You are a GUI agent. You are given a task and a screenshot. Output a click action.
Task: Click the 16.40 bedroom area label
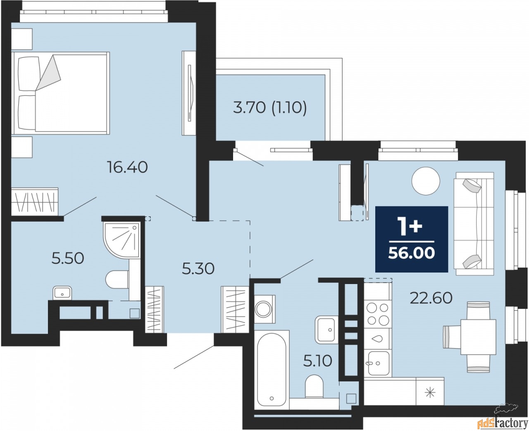tap(127, 167)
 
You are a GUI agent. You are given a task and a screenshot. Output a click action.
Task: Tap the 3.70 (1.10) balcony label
tap(270, 108)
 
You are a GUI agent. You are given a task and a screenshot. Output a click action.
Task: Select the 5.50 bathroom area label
tap(68, 258)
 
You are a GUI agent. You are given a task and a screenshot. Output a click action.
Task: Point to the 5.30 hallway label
tap(198, 269)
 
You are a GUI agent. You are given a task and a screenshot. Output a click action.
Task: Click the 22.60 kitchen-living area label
tap(431, 298)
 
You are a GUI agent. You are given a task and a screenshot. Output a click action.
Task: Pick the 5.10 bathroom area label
tap(317, 361)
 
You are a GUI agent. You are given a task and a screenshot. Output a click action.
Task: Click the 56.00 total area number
tap(412, 253)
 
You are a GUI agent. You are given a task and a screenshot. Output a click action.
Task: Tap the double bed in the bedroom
tap(60, 93)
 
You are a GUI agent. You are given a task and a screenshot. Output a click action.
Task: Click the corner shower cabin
tap(122, 240)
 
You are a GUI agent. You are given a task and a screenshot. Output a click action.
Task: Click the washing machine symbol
tap(264, 309)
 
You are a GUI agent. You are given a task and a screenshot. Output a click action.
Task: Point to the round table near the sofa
tap(426, 181)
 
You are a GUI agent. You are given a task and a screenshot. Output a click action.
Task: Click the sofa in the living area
tap(474, 223)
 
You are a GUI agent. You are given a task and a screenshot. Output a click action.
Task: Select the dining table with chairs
tap(470, 337)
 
